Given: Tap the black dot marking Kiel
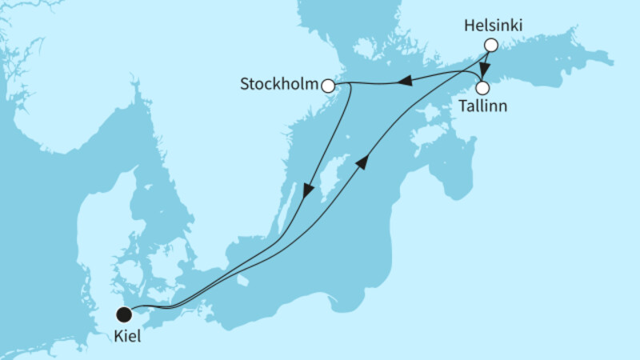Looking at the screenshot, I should coord(124,314).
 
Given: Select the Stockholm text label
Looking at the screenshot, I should coord(279,83).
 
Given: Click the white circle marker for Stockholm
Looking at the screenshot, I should coord(327,85).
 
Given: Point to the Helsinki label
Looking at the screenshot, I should coord(494,26).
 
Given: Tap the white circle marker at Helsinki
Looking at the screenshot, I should coord(491,46).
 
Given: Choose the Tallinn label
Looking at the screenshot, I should coord(482,106).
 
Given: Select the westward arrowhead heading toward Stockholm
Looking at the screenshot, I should coord(406,80).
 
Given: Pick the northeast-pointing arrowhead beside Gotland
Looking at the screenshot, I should coord(362,162).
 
